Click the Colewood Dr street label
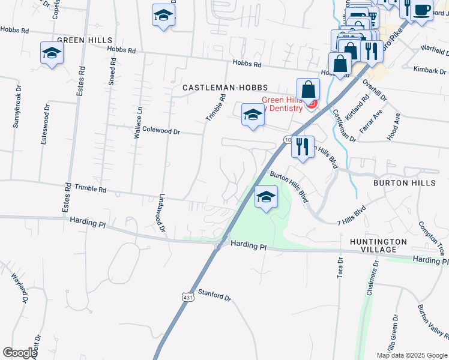tap(161, 130)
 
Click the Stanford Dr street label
tap(214, 296)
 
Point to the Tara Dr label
tap(340, 268)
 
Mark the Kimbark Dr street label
tap(429, 70)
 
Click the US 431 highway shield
tap(188, 297)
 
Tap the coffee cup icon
tap(422, 11)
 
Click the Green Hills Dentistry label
tap(284, 104)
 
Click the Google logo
tap(20, 353)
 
